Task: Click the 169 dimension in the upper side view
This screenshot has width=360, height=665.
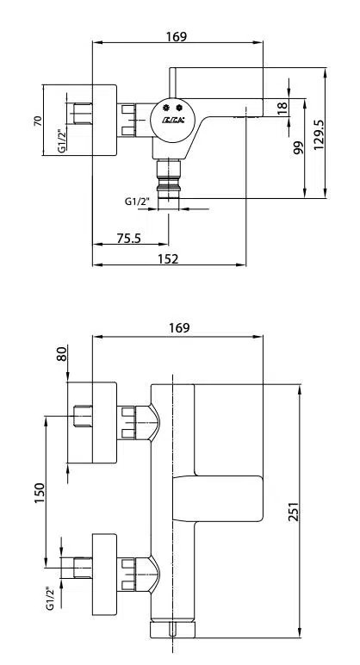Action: click(x=177, y=36)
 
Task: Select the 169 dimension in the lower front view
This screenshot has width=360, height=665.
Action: click(x=179, y=327)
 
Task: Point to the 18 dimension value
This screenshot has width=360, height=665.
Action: click(x=282, y=109)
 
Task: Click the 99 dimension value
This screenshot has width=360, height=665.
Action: click(x=298, y=147)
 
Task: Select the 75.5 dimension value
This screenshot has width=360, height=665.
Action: click(x=129, y=239)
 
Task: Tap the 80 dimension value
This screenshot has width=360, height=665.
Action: click(x=62, y=354)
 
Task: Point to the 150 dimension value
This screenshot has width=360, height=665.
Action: click(x=40, y=495)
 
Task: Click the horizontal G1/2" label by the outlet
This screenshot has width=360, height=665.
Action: click(x=137, y=202)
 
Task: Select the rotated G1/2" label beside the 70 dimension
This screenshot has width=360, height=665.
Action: click(x=61, y=140)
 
